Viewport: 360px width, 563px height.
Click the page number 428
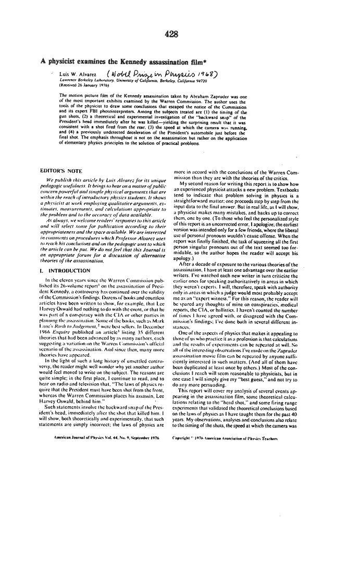pos(172,34)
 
